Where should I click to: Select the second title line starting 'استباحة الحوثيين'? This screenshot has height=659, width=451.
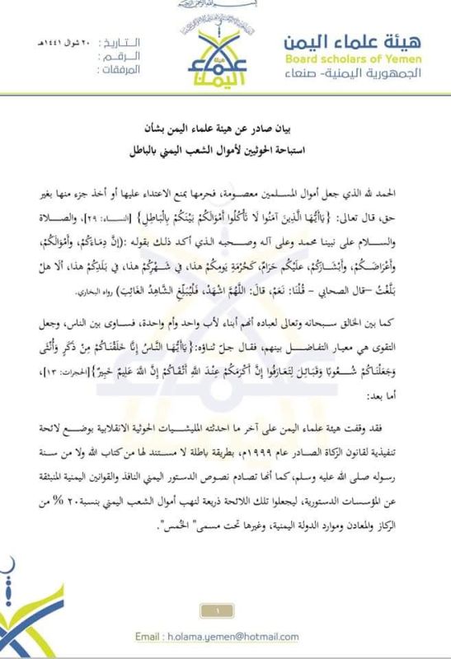pos(226,152)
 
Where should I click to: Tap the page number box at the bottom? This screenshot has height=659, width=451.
pos(223,610)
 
